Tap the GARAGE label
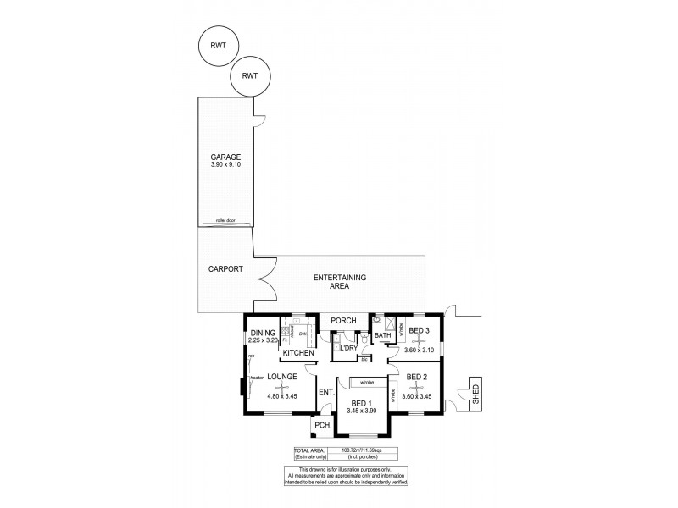[x=226, y=157]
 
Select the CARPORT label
[x=226, y=269]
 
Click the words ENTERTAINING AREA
[x=339, y=282]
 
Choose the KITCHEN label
[x=298, y=352]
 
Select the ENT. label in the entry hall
[x=325, y=392]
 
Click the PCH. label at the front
[x=322, y=425]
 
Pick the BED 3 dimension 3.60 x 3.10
[x=419, y=351]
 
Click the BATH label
[x=383, y=336]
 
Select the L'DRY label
[x=347, y=348]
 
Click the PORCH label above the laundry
[x=342, y=321]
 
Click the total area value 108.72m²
[x=357, y=451]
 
